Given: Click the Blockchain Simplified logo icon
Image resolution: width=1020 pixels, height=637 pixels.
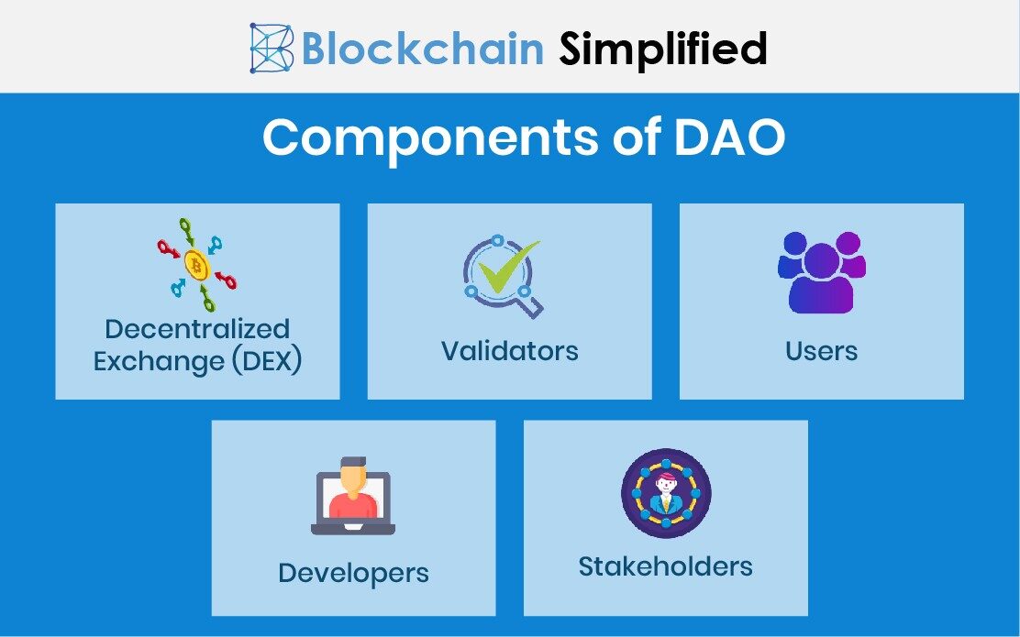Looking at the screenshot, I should (272, 48).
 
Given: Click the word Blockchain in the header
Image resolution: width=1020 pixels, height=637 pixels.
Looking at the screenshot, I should (423, 48).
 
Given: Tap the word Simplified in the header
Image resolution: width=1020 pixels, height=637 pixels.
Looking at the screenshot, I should (663, 48).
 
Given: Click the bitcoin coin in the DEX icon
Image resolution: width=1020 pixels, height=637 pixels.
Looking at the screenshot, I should (196, 266).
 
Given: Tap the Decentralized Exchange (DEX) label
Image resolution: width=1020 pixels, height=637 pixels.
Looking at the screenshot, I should (197, 345).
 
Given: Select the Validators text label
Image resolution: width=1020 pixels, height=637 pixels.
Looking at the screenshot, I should (509, 351).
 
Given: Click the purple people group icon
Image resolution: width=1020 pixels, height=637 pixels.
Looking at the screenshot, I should (821, 272).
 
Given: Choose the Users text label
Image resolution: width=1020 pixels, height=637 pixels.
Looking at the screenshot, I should (821, 351).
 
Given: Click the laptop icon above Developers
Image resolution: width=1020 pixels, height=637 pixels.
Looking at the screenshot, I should (353, 499).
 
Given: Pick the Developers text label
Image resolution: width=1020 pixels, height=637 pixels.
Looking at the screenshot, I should (353, 574).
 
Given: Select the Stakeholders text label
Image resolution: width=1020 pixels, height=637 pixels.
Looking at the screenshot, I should (665, 566).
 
